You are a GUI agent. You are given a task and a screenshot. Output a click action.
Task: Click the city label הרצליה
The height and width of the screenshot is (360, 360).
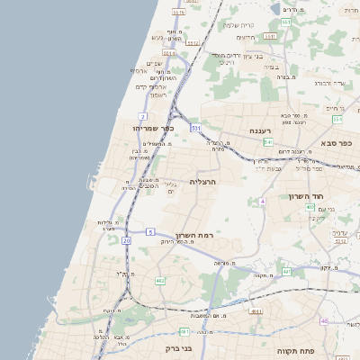[205, 181]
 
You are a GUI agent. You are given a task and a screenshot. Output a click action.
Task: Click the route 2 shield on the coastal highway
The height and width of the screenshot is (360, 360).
[143, 116]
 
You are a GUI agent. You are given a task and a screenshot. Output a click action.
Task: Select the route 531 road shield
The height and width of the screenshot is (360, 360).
[195, 128]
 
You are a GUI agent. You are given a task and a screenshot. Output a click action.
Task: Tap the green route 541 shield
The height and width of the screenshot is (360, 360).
[267, 142]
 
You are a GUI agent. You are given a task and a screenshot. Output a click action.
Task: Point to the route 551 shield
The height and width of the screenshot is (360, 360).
[337, 119]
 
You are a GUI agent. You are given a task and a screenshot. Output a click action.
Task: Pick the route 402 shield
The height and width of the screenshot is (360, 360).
[310, 207]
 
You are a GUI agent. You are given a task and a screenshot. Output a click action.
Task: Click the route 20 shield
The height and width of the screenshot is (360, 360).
[126, 241]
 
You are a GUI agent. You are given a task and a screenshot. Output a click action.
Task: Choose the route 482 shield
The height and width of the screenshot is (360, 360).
[160, 281]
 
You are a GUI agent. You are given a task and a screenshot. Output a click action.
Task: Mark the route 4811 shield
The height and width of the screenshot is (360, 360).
[256, 311]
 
